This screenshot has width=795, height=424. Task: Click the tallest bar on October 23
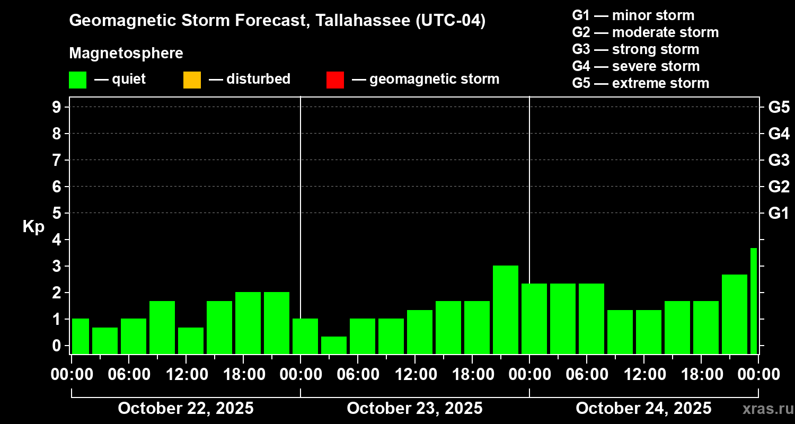(x=505, y=310)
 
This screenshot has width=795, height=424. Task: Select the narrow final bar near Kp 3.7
(x=753, y=301)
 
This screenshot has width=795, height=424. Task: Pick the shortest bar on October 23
(x=333, y=345)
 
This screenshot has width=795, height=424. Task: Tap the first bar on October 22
(x=80, y=336)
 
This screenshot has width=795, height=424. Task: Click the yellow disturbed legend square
(x=192, y=80)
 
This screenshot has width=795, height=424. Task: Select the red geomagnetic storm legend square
(x=335, y=80)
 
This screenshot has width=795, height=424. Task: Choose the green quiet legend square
(x=77, y=80)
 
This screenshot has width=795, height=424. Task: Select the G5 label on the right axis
(x=779, y=107)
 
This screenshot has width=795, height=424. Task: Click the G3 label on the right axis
(x=779, y=160)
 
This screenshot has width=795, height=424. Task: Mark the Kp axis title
(x=33, y=227)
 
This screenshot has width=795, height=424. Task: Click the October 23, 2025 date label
(x=414, y=409)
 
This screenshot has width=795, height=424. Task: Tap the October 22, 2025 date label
(x=185, y=409)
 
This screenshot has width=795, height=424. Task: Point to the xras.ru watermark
(x=764, y=409)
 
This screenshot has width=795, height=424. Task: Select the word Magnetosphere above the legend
(x=126, y=54)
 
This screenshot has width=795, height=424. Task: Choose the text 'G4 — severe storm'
(x=636, y=66)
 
